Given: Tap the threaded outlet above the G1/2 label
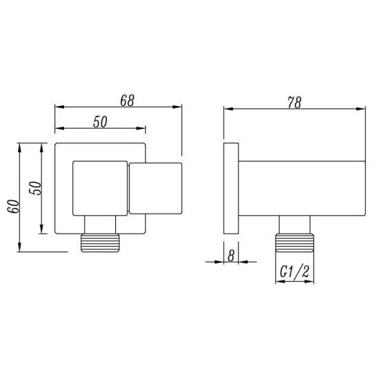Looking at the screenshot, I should [x=295, y=243].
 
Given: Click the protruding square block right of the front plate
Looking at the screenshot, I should [x=155, y=187].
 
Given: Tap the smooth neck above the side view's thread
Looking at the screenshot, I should [x=295, y=224].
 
